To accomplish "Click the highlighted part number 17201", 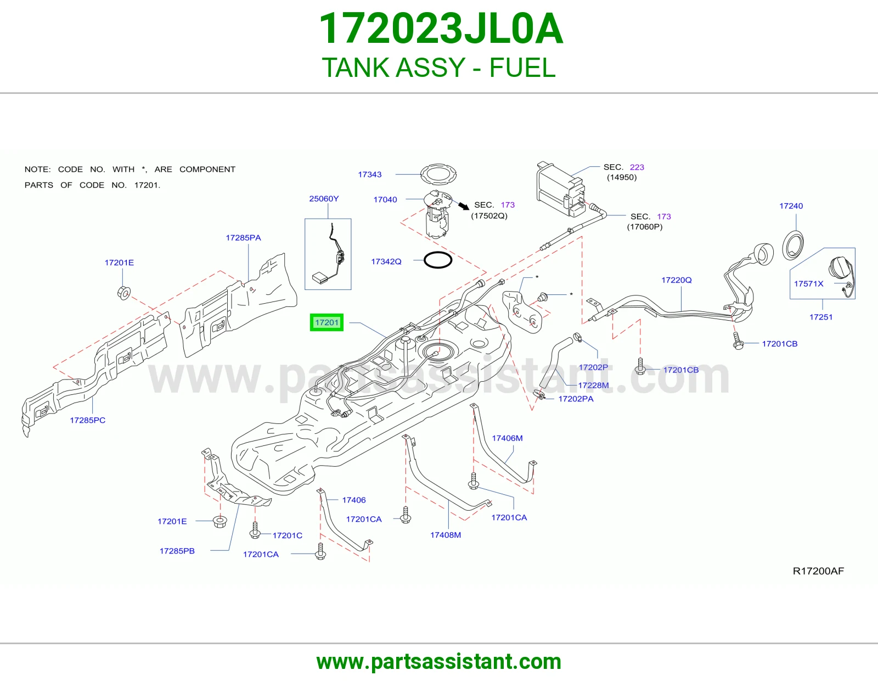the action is tap(327, 322).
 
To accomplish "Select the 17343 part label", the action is tap(370, 174).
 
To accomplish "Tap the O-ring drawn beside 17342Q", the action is tap(437, 260).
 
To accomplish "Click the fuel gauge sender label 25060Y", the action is tap(324, 199).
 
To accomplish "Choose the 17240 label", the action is tap(791, 206).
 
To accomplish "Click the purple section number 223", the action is tap(637, 167).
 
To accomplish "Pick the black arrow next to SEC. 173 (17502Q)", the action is tap(464, 205).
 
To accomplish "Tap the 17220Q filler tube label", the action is tap(677, 280).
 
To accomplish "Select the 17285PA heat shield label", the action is tap(243, 238).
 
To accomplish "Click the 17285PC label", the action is tap(88, 420).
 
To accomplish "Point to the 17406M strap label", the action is tap(507, 438).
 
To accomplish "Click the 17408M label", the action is tap(445, 535).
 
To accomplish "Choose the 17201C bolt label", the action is tap(288, 535).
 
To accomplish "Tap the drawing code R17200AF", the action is tap(818, 571).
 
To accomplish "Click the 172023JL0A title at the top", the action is tap(441, 29).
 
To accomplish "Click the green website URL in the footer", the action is tap(439, 662).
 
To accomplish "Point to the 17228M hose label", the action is tap(593, 386).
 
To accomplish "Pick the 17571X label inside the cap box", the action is tap(808, 283).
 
